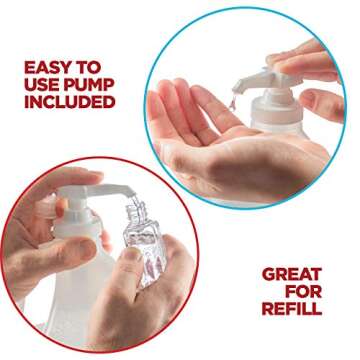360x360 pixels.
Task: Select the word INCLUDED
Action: click(x=69, y=101)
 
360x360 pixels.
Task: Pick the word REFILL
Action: click(x=292, y=308)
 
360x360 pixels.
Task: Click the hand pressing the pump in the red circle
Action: click(x=45, y=205)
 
